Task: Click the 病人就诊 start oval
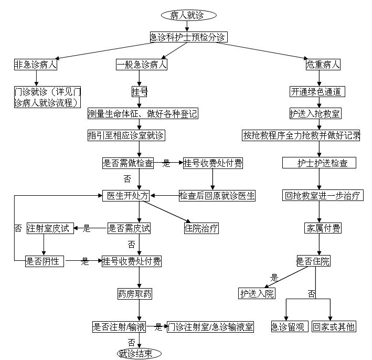[x=187, y=15]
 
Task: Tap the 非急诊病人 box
[x=36, y=65]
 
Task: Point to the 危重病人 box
[x=323, y=65]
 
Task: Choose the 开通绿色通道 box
[x=317, y=91]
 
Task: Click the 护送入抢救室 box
[x=314, y=113]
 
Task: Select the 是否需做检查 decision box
[x=128, y=163]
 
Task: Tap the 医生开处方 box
[x=126, y=196]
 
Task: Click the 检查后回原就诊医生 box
[x=217, y=196]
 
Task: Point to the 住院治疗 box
[x=201, y=228]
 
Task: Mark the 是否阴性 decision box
[x=45, y=261]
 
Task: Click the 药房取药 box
[x=135, y=293]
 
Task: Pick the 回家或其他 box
[x=334, y=326]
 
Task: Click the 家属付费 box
[x=323, y=228]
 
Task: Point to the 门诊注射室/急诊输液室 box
[x=210, y=327]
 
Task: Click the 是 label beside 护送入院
[x=273, y=278]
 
